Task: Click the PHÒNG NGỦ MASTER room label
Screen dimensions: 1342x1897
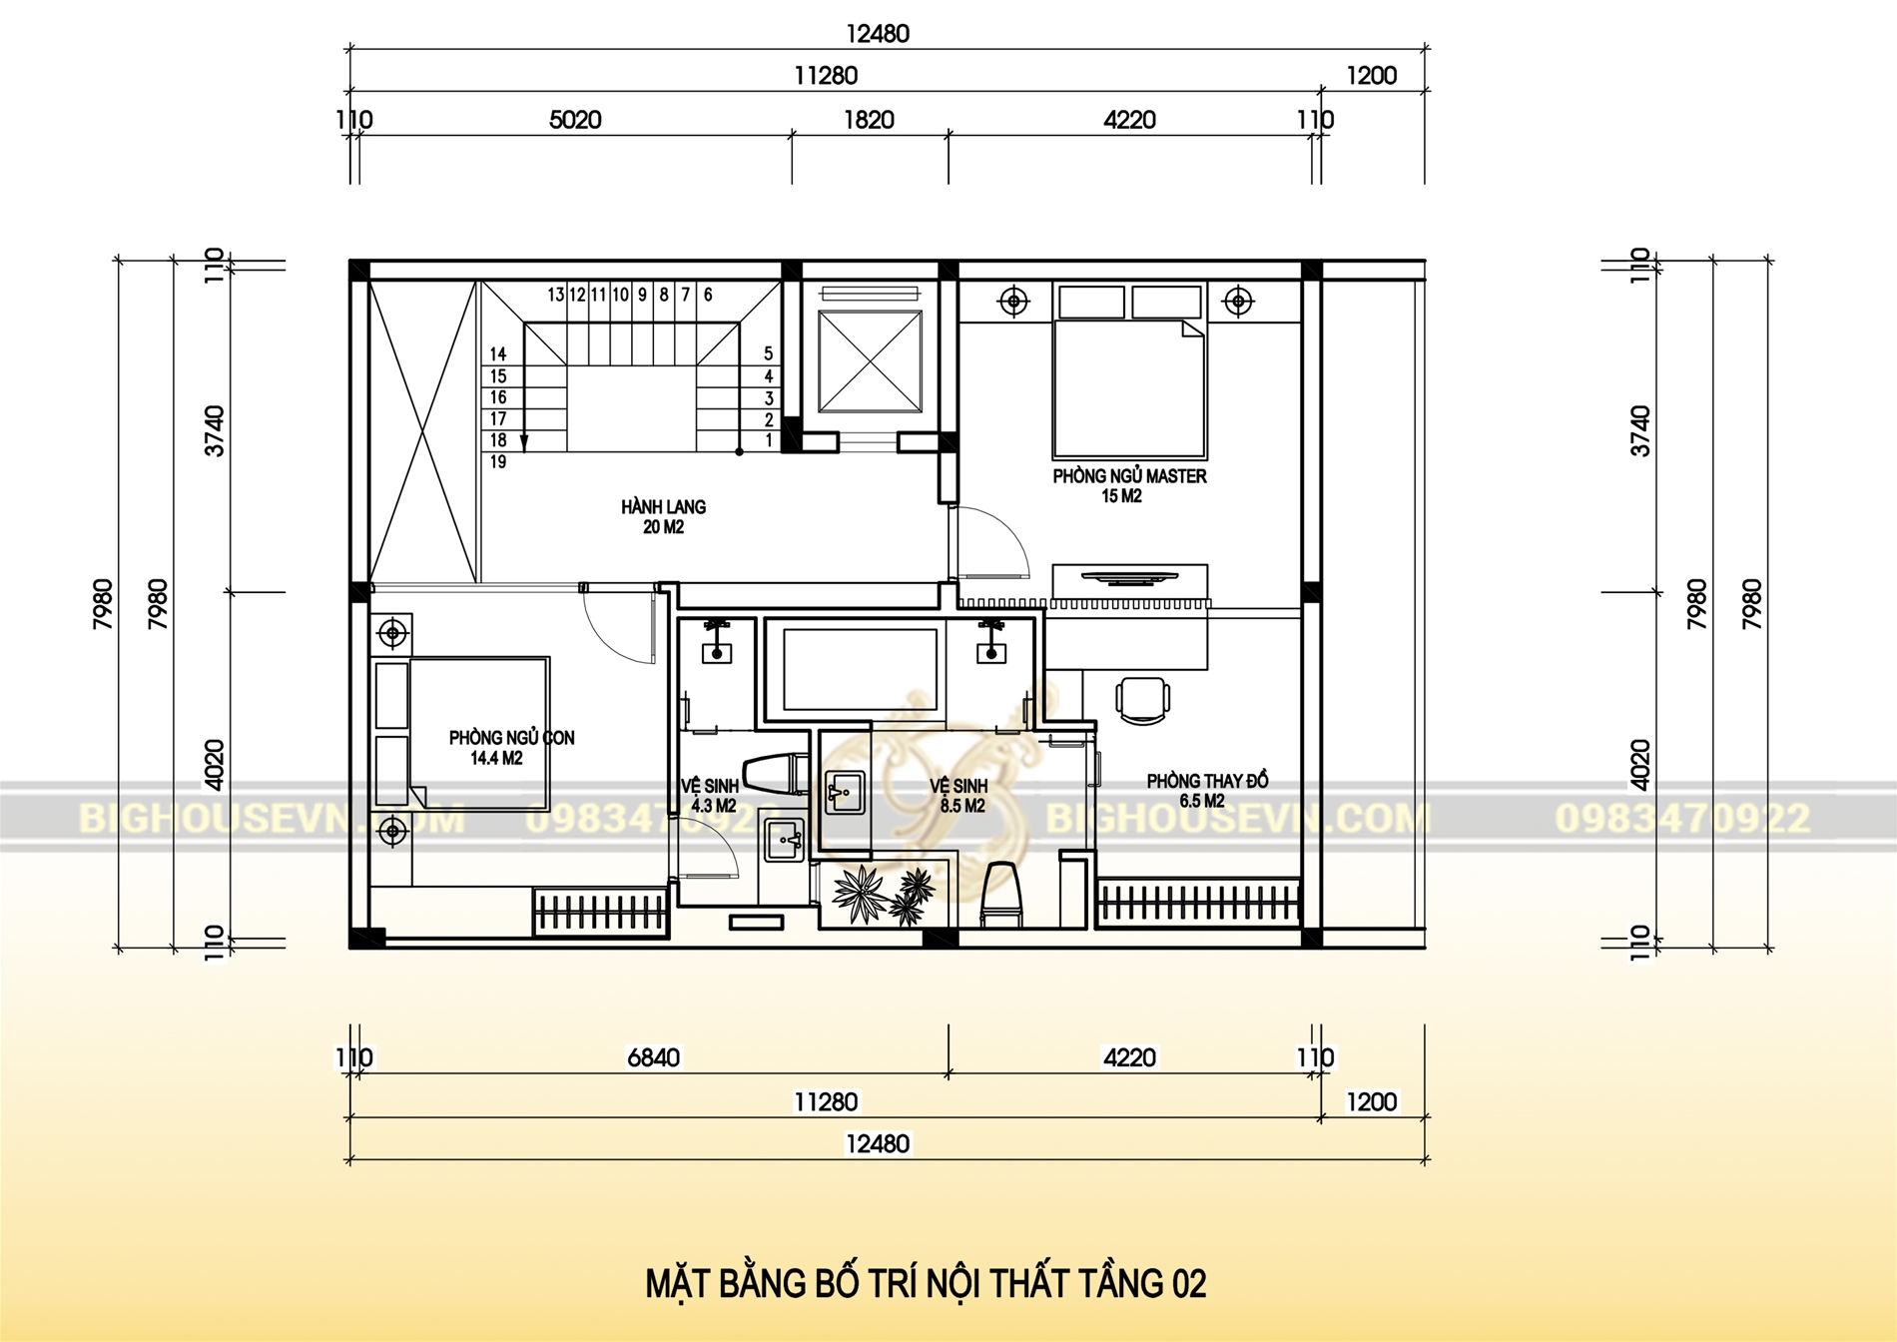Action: coord(1129,476)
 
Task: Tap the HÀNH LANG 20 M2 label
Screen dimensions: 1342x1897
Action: coord(663,516)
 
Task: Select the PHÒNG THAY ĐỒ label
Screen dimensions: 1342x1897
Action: coord(1206,781)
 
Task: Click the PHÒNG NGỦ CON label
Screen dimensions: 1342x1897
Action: coord(511,738)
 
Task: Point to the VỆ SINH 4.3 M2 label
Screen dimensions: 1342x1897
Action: coord(711,795)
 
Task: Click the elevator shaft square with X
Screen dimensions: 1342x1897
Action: coord(869,361)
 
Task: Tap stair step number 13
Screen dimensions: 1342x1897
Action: coord(555,295)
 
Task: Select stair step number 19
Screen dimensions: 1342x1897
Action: coord(498,462)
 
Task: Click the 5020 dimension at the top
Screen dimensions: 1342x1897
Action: coord(575,120)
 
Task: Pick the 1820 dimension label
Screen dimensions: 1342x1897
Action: coord(869,120)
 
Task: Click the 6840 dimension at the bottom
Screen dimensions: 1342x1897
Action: coord(653,1057)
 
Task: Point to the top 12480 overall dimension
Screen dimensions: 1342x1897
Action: coord(878,34)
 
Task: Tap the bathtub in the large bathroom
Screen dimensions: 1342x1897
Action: coord(860,668)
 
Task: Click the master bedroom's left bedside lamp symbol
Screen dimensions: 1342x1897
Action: coord(1013,301)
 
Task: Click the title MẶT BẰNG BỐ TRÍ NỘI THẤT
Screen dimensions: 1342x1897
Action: coord(926,1283)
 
